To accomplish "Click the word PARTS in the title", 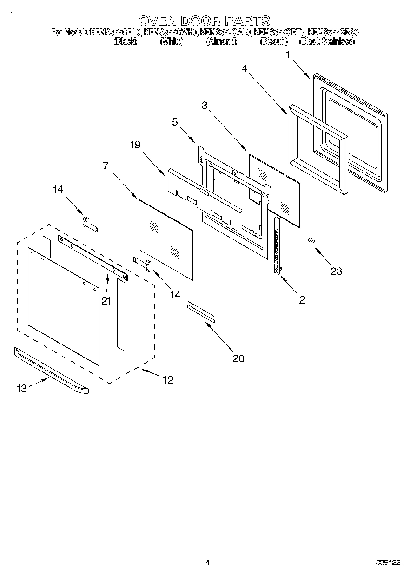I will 247,20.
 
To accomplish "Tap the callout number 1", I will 288,55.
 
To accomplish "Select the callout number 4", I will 245,68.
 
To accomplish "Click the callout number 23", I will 336,271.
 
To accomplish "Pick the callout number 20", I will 238,358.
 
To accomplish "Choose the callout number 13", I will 22,389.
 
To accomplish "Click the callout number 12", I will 168,380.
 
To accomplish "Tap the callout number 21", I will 106,301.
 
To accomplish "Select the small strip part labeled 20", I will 201,311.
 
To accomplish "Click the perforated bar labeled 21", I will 93,257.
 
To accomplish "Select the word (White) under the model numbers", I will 172,41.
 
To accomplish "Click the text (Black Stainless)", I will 327,41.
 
